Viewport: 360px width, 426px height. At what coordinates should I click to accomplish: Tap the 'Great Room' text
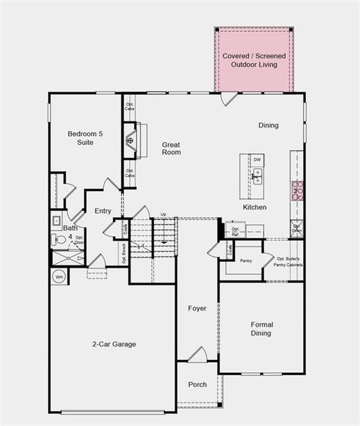[171, 148]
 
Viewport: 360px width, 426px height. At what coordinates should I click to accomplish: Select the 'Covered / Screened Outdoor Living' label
[253, 60]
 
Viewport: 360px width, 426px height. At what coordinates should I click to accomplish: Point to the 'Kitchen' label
[255, 207]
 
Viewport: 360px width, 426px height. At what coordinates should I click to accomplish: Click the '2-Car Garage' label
[114, 344]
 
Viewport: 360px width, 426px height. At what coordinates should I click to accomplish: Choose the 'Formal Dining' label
[261, 329]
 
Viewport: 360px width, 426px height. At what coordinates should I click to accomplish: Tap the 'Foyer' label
[197, 308]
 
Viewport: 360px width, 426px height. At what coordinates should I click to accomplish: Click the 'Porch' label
[197, 385]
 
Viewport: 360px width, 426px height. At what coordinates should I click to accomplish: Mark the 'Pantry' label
[246, 261]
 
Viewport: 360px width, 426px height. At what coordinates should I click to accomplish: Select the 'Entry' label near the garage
[103, 211]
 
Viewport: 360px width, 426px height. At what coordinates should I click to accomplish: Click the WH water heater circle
[59, 276]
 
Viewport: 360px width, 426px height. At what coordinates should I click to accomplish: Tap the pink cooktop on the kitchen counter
[296, 190]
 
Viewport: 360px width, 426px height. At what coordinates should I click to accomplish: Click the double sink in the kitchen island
[257, 176]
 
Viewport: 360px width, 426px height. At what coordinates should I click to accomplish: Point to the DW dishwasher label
[257, 160]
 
